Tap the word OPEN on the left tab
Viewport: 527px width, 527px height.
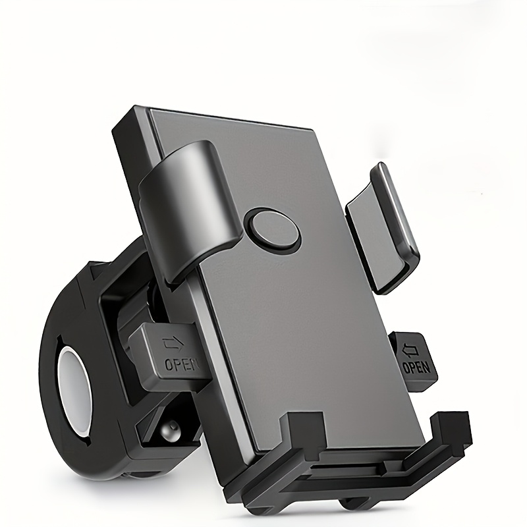[x=180, y=364]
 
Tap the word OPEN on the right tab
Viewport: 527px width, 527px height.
[x=416, y=367]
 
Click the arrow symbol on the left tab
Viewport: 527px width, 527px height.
[x=173, y=343]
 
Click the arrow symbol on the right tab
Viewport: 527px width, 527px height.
[x=410, y=350]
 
